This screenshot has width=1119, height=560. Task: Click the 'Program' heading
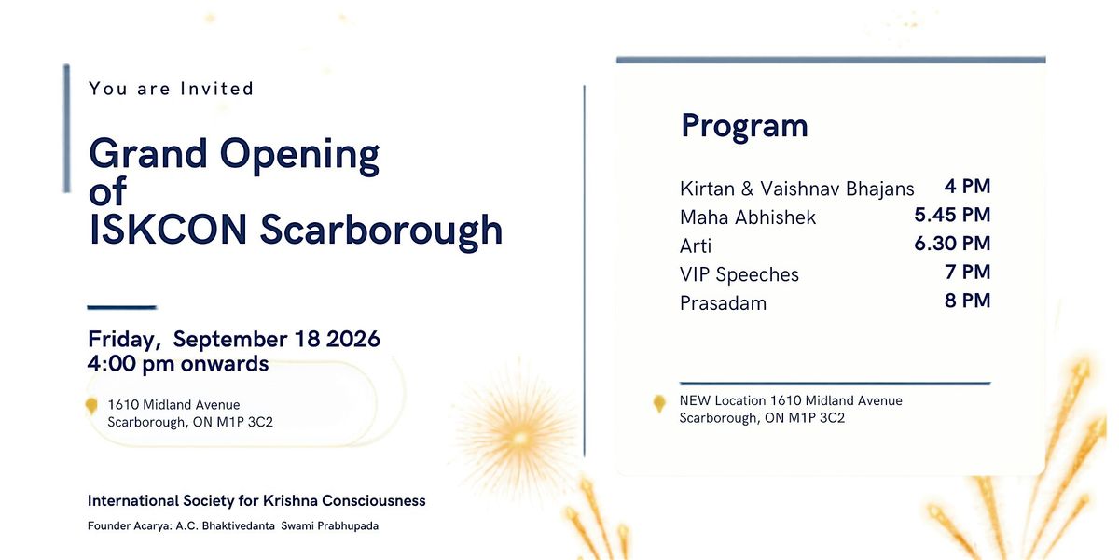pos(744,126)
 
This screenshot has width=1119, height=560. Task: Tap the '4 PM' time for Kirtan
pos(967,186)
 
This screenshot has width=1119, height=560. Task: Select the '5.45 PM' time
pos(952,215)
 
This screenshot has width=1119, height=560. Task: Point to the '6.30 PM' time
pos(952,243)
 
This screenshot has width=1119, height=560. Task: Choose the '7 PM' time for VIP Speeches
pos(968,272)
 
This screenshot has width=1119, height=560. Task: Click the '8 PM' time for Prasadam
pos(968,300)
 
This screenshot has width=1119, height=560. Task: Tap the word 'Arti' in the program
pos(696,246)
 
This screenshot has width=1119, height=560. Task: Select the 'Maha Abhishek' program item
pos(748,217)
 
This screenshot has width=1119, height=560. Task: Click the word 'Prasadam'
pos(723,303)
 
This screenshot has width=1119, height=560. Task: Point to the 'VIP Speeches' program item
pos(739,275)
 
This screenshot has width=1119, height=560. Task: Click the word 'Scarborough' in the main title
pos(381,231)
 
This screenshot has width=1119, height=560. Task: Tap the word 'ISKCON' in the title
pos(168,230)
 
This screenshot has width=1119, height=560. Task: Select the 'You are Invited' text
pos(172,89)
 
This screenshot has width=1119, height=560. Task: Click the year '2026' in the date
pos(353,339)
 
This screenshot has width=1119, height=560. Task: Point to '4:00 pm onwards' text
pos(178,363)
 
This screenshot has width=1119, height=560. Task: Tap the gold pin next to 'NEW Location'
pos(659,403)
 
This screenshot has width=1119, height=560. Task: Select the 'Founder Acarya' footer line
pos(233,526)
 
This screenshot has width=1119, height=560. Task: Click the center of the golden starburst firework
pos(519,439)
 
